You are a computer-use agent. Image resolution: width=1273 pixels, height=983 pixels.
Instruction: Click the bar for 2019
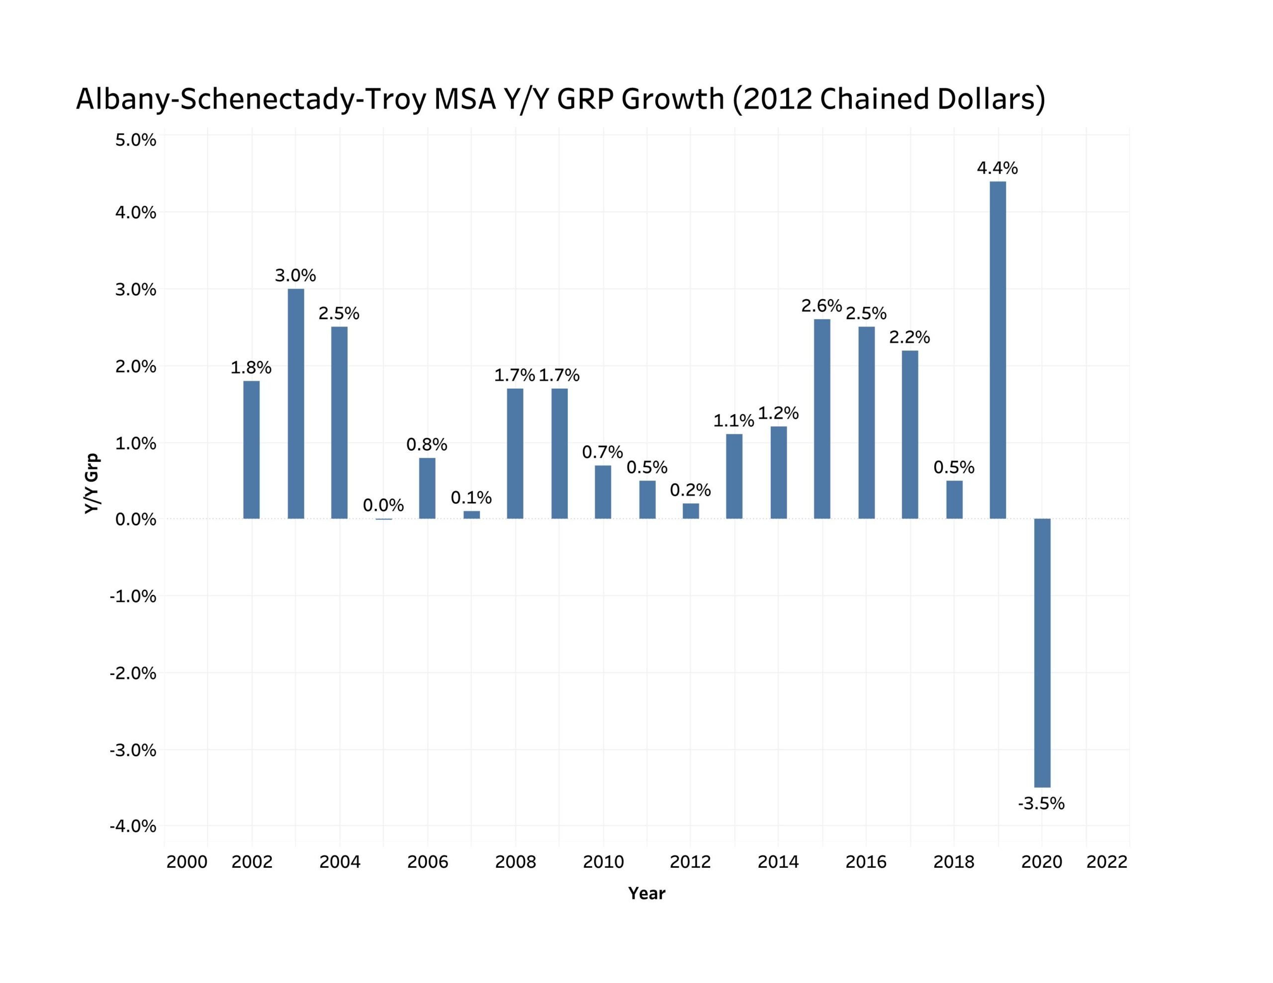coord(998,349)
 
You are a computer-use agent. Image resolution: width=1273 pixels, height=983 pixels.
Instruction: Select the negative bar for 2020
coord(1042,653)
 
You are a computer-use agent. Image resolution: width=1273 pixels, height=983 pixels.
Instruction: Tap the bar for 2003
coord(295,403)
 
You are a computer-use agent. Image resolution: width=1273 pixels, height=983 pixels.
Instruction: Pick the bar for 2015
coord(822,418)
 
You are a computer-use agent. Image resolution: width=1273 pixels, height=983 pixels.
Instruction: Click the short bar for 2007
coord(471,514)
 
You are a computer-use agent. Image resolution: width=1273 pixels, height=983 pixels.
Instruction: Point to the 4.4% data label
coord(998,168)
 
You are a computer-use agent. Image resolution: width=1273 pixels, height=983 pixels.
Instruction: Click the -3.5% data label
coord(1041,804)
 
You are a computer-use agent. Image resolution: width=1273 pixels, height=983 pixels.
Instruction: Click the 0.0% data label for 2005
coord(383,505)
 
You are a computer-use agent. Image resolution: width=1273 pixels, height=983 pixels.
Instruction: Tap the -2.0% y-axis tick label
coord(133,673)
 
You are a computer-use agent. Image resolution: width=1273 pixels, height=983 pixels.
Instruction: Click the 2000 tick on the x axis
coord(186,862)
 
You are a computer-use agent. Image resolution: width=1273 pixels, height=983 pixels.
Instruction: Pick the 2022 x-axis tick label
coord(1107,862)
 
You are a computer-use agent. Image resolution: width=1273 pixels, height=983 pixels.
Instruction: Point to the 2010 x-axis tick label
coord(603,862)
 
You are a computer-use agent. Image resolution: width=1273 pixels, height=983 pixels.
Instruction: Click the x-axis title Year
coord(646,893)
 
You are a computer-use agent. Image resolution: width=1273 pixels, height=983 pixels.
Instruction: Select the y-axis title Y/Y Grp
coord(92,484)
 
